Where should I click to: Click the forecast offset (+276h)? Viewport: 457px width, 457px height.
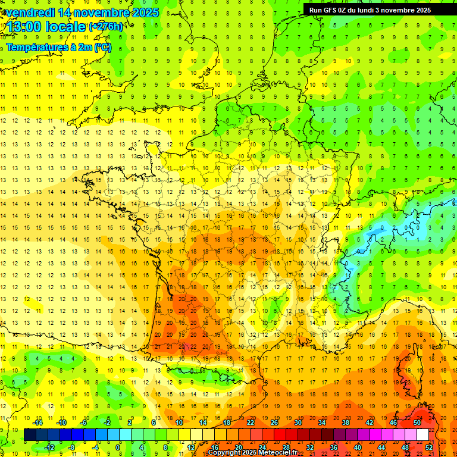point(106,27)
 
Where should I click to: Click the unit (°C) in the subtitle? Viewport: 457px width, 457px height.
point(102,47)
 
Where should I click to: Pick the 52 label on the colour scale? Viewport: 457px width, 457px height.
point(429,447)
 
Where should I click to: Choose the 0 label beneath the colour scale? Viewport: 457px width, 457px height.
point(118,447)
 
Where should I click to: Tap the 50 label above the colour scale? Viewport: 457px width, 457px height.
point(417,422)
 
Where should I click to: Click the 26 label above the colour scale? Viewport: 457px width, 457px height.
point(274,422)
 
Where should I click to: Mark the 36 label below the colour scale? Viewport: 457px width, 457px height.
point(334,447)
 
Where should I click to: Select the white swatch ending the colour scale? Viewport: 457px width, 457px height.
point(423,435)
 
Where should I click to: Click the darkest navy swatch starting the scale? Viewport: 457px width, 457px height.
point(30,435)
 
